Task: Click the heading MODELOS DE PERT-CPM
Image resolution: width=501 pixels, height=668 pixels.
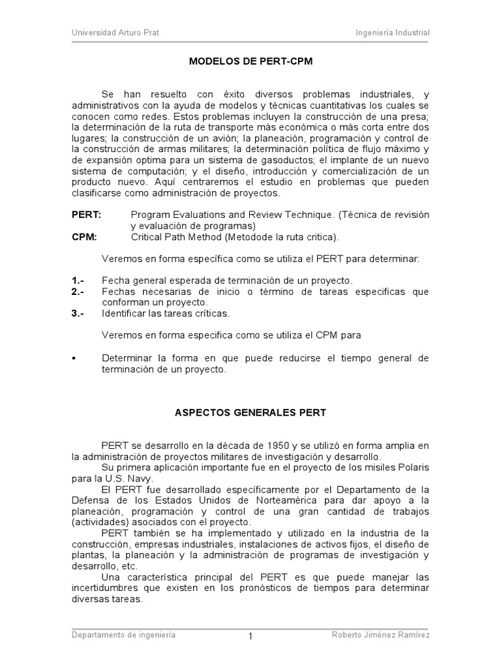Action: click(x=250, y=63)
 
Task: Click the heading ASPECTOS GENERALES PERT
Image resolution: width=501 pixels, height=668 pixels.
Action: click(x=250, y=413)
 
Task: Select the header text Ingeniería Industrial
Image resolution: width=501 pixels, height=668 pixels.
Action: click(x=393, y=33)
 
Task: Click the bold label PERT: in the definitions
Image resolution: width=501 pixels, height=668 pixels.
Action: click(x=85, y=215)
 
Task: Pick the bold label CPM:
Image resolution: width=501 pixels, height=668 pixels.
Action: click(x=84, y=237)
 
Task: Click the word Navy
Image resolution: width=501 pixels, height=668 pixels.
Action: click(x=142, y=479)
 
